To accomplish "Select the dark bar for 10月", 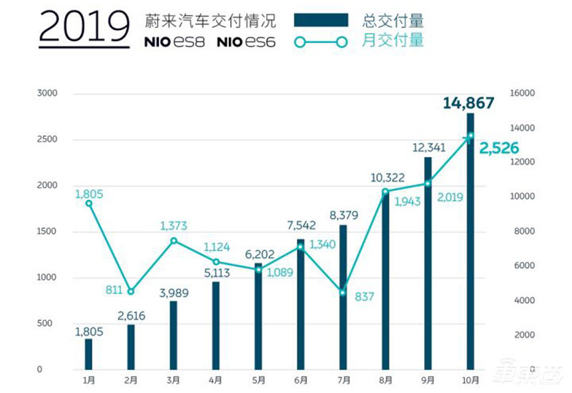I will pos(470,243).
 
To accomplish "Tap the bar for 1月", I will pos(89,354).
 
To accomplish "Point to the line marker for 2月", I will pos(130,292).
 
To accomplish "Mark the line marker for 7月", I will pos(342,292).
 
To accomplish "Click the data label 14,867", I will pos(468,103).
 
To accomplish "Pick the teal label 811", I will pos(112,291).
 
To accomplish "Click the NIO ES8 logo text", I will pos(174,41).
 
